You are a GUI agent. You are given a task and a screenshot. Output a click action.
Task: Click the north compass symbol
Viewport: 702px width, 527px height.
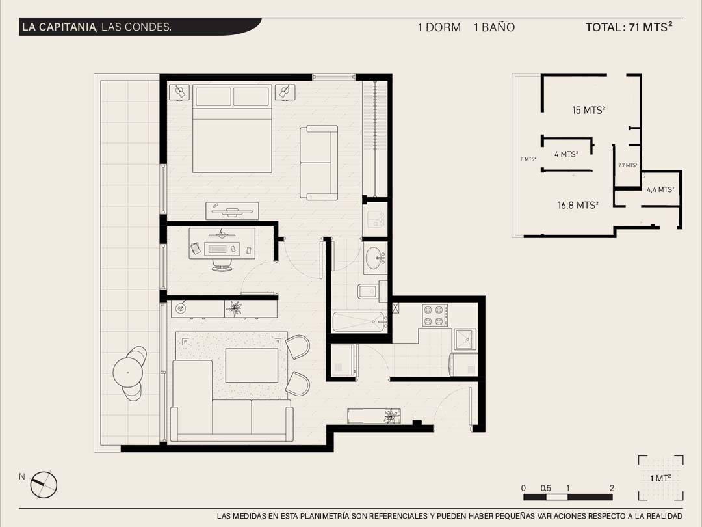point(44,485)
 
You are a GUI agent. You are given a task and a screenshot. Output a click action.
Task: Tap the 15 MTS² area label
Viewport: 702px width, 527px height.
point(589,110)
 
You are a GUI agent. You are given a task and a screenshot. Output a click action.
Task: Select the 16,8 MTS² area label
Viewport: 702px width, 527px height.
point(578,205)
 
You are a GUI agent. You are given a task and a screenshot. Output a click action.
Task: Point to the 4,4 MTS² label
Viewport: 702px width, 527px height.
point(660,189)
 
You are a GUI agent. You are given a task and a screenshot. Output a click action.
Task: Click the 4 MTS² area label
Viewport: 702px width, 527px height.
point(566,154)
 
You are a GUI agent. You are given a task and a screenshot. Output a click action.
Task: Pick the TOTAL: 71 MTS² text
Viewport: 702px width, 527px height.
point(629,27)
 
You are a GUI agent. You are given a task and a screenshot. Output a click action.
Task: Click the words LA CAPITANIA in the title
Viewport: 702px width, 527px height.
point(59,27)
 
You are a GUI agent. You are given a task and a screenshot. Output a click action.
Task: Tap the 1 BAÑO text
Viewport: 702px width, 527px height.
point(494,27)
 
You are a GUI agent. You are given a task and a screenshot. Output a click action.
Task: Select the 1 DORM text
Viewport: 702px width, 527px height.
point(439,27)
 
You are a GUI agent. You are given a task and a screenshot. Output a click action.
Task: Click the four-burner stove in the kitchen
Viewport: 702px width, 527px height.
point(435,316)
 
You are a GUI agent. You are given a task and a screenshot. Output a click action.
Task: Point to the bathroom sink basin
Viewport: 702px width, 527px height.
point(375,258)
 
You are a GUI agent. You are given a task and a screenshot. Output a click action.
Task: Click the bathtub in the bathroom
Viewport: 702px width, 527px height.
point(359,321)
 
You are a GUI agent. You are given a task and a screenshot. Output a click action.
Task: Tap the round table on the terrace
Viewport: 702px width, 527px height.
point(127,372)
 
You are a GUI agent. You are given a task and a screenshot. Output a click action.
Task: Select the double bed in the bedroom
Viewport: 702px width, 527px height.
point(232,129)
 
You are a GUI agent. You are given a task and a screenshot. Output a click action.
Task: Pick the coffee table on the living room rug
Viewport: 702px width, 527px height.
point(252,366)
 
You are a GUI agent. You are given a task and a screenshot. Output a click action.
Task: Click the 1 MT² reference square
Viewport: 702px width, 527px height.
point(661,478)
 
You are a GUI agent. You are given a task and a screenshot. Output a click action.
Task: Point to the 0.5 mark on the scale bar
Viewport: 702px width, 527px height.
point(545,488)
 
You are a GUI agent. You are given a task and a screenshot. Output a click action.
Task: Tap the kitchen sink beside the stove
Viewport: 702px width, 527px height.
point(465,339)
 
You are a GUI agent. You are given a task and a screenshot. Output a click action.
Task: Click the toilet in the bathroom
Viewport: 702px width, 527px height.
point(372,291)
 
